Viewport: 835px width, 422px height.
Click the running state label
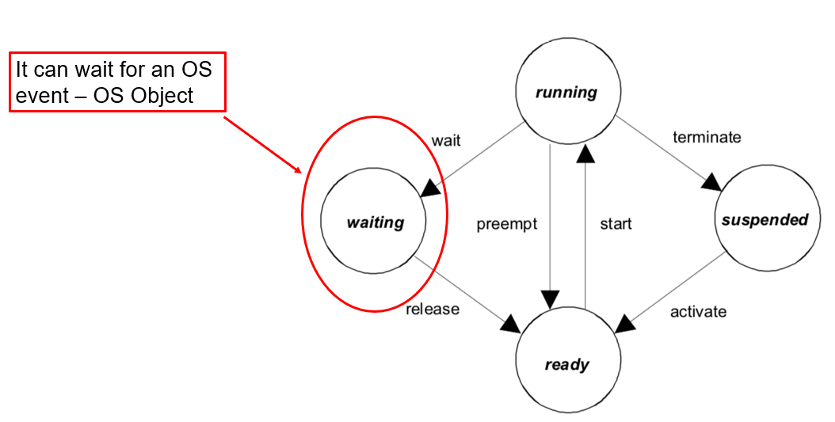(566, 93)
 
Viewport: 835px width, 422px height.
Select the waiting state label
(375, 222)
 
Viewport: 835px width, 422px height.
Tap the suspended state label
(764, 219)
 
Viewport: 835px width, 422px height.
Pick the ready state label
(566, 364)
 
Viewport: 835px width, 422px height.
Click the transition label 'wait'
(446, 141)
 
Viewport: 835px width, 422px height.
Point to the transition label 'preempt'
(507, 224)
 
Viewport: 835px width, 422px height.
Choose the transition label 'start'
(616, 224)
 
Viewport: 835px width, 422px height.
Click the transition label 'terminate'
(707, 137)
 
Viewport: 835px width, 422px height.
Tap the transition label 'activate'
(698, 311)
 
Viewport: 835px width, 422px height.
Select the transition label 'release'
(433, 309)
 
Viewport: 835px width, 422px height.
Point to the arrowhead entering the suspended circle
(711, 183)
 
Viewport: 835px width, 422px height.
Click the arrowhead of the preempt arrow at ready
(549, 298)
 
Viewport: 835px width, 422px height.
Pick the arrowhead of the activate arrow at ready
(627, 323)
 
